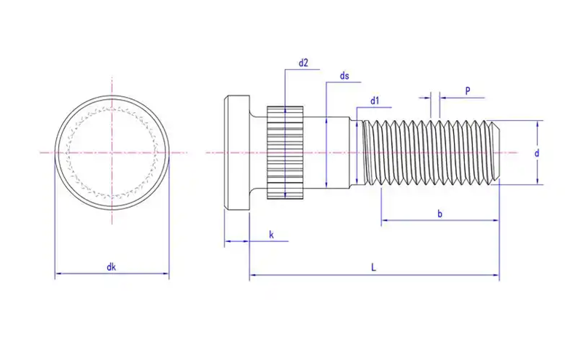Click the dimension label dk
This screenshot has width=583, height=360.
[x=111, y=267]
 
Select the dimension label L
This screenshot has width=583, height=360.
[x=373, y=268]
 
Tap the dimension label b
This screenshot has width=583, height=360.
[x=439, y=214]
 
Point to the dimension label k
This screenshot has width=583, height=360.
[x=271, y=234]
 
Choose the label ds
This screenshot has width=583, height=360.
[x=345, y=76]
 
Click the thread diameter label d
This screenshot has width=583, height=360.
[x=536, y=153]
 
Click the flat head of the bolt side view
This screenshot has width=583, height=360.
[x=235, y=152]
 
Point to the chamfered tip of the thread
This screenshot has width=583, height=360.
[x=496, y=152]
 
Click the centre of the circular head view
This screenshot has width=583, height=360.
[x=111, y=152]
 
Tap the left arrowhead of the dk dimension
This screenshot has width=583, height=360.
[x=58, y=275]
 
